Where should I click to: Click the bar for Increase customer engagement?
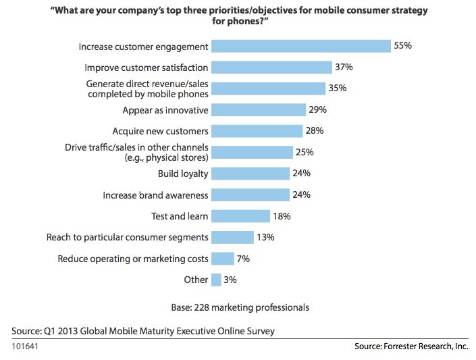click(x=301, y=46)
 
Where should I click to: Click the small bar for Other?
click(x=216, y=279)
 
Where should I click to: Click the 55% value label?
click(x=403, y=46)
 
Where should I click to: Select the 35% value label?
click(x=338, y=88)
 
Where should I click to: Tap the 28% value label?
click(x=315, y=131)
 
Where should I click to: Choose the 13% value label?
click(x=265, y=237)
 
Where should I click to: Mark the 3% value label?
click(x=230, y=279)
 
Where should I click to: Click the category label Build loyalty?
click(x=182, y=174)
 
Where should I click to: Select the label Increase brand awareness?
click(x=155, y=195)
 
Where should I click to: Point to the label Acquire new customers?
click(x=161, y=131)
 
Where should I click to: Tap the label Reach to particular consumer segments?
click(x=127, y=237)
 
